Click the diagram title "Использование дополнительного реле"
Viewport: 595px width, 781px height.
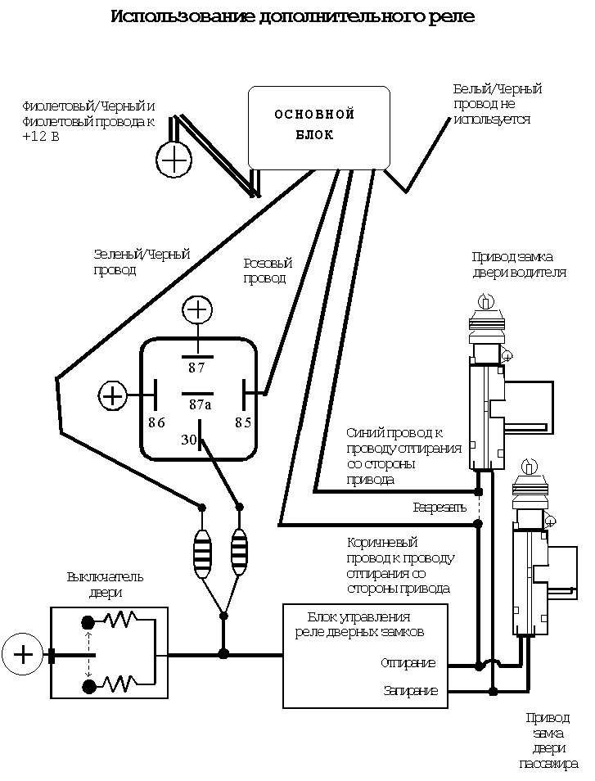click(x=293, y=16)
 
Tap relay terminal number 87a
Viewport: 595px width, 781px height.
click(x=201, y=404)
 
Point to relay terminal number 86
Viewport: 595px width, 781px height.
click(x=157, y=422)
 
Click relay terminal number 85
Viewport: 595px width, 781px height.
click(x=243, y=422)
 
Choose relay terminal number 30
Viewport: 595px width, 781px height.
click(x=189, y=440)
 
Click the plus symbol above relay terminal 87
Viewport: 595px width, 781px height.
click(x=196, y=310)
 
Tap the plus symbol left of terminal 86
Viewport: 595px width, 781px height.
click(x=111, y=396)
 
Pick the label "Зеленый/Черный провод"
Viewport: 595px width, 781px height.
click(x=142, y=262)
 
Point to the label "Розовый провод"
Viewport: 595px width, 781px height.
click(x=268, y=270)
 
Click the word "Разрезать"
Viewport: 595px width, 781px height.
click(x=439, y=508)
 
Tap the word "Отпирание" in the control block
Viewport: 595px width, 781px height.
click(x=408, y=663)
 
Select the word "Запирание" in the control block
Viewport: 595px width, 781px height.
click(x=411, y=691)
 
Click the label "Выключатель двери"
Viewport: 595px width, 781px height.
click(x=105, y=584)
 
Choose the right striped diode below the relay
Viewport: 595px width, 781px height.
click(x=239, y=553)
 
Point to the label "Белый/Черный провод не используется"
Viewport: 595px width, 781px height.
click(x=497, y=104)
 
